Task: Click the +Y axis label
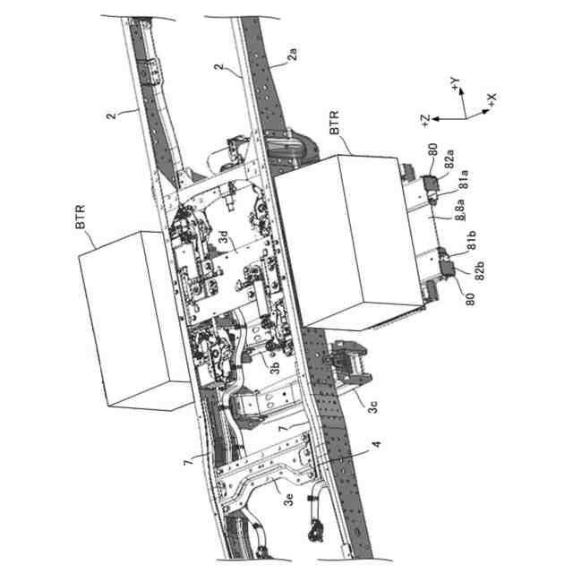(x=457, y=85)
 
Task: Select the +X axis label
(x=492, y=96)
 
